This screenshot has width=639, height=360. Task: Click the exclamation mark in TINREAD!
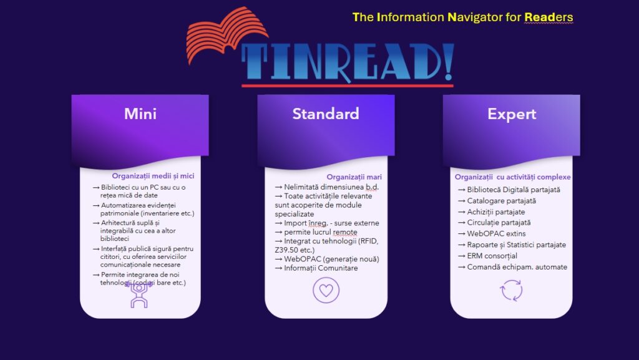[x=449, y=61]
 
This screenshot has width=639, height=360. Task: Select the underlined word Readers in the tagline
[x=549, y=17]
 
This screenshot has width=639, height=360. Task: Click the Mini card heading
[x=140, y=114]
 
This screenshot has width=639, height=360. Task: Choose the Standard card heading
[x=326, y=114]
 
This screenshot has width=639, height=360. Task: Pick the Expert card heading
[x=512, y=114]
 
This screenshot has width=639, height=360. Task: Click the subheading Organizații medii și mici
[x=153, y=176]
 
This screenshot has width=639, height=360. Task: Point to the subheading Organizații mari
[x=354, y=177]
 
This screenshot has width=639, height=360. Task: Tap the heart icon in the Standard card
[x=326, y=290]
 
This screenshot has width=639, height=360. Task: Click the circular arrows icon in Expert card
[x=511, y=290]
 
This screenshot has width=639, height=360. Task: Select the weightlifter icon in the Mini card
[x=139, y=294]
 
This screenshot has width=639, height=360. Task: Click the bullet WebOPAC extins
[x=492, y=234]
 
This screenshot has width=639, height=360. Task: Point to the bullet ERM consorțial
[x=487, y=256]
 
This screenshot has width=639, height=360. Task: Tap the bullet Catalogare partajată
[x=497, y=201]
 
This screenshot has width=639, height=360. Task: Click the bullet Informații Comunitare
[x=316, y=268]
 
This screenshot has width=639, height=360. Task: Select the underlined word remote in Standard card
[x=344, y=232]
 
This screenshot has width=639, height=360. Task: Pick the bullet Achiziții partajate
[x=491, y=212]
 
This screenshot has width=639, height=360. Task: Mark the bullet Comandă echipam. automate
[x=512, y=267]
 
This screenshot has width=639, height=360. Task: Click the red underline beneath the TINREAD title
[x=347, y=85]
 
